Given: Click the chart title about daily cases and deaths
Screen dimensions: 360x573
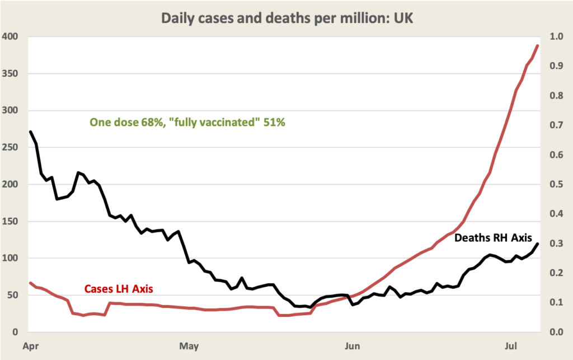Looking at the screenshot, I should click(287, 18).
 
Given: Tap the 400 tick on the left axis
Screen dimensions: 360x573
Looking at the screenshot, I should click(10, 37).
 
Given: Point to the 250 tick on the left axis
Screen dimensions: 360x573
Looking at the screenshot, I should click(10, 148).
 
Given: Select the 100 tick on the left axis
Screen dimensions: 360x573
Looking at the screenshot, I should click(10, 258).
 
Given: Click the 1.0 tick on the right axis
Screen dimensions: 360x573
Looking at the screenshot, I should click(556, 37).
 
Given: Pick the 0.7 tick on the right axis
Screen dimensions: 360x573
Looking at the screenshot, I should click(556, 125).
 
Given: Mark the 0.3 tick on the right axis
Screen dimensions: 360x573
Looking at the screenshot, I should click(556, 244).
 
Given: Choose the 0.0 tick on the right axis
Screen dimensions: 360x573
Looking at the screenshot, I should click(556, 332).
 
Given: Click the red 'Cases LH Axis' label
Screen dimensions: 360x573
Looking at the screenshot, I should click(119, 289).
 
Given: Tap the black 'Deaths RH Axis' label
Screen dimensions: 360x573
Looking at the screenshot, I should click(492, 237).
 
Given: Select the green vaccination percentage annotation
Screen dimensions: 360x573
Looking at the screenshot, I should click(187, 123).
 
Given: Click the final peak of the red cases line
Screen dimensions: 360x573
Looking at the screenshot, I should click(538, 45).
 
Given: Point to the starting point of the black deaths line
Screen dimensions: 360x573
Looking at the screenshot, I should click(30, 132).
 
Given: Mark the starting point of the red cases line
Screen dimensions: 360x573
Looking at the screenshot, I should click(30, 283).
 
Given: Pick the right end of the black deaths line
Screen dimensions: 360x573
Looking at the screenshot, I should click(538, 243).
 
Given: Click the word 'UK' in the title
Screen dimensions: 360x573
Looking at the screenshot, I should click(403, 18).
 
